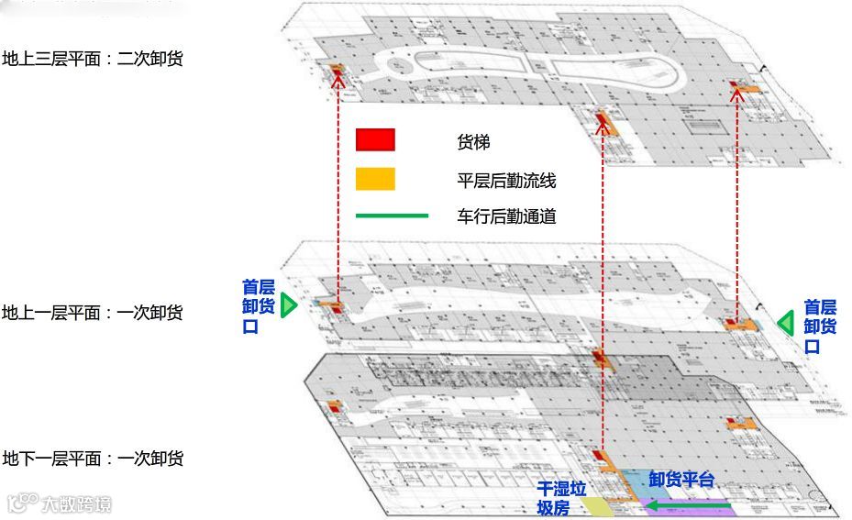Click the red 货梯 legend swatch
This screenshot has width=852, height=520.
pyautogui.click(x=375, y=139)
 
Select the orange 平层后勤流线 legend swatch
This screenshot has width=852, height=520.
pyautogui.click(x=375, y=179)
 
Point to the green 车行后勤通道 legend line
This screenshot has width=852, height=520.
pyautogui.click(x=393, y=216)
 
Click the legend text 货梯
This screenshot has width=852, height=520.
pyautogui.click(x=473, y=142)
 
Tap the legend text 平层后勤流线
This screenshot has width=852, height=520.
pyautogui.click(x=506, y=181)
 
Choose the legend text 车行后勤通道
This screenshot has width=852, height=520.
pyautogui.click(x=506, y=217)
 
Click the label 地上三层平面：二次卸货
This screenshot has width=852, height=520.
pyautogui.click(x=93, y=60)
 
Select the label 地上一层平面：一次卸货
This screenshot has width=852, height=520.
pyautogui.click(x=93, y=313)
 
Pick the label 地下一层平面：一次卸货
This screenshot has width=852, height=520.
pyautogui.click(x=93, y=459)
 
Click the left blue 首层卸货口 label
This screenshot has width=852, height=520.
pyautogui.click(x=258, y=306)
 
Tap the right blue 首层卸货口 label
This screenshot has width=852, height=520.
pyautogui.click(x=820, y=326)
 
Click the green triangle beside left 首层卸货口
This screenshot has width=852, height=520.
pyautogui.click(x=289, y=305)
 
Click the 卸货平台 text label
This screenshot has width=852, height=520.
pyautogui.click(x=680, y=480)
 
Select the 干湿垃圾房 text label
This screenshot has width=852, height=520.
pyautogui.click(x=561, y=498)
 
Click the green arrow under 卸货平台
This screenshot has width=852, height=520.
pyautogui.click(x=688, y=503)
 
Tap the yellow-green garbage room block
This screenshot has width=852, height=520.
pyautogui.click(x=597, y=507)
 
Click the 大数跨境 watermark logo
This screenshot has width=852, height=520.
pyautogui.click(x=60, y=503)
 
